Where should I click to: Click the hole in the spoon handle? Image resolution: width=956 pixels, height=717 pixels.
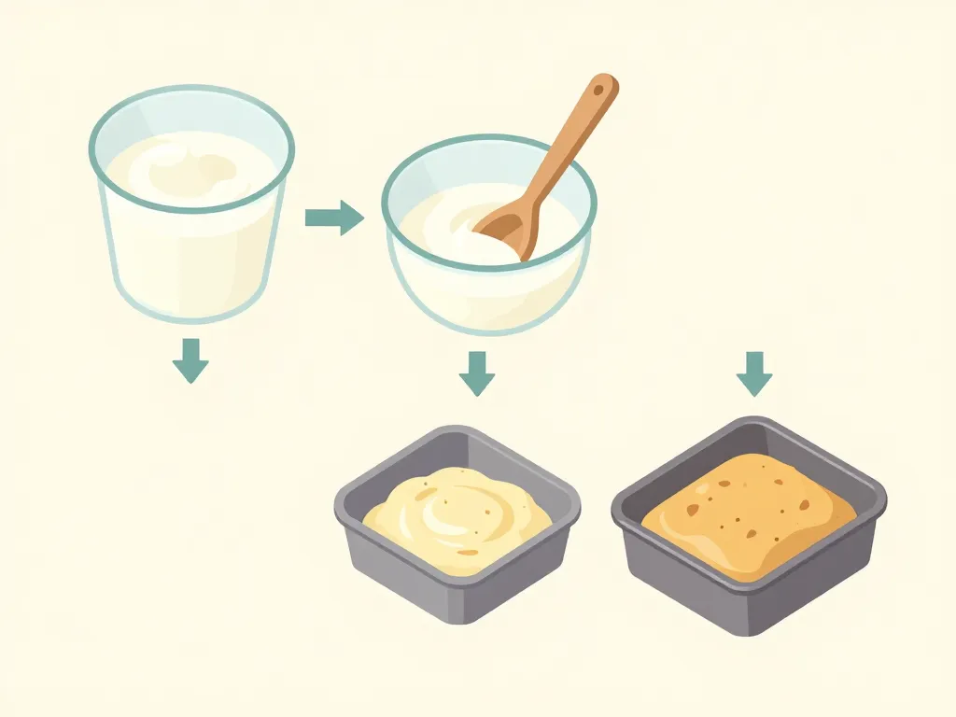(x=602, y=91)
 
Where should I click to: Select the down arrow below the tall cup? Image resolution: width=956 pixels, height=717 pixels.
(x=190, y=360)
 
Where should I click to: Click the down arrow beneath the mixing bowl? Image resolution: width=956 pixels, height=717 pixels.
(x=477, y=373)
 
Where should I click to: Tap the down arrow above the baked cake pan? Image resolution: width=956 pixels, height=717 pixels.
(x=754, y=373)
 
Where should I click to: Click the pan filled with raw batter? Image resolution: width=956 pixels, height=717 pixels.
(x=457, y=523)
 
